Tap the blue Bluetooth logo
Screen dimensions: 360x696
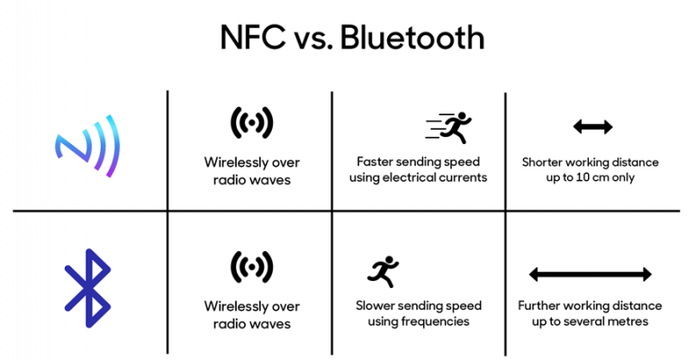[87, 287]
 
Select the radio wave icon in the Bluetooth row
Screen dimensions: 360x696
[251, 266]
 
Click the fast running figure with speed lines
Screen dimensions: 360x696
[447, 127]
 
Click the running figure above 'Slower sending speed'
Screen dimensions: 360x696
[382, 270]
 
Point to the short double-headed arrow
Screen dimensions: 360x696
[592, 127]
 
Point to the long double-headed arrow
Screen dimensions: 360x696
[590, 274]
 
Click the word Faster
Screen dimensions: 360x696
[375, 162]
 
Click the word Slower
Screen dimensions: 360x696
[378, 306]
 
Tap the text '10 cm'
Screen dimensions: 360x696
[592, 177]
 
